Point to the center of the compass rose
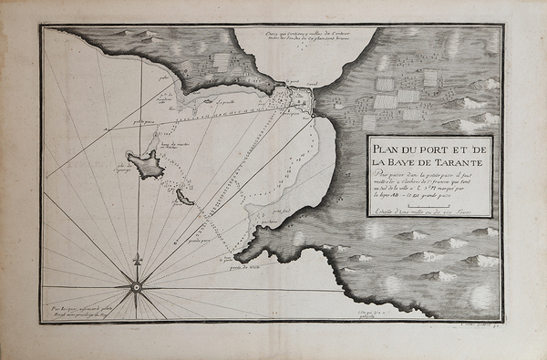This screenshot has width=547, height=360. click(137, 286)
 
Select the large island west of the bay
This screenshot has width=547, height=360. click(146, 164)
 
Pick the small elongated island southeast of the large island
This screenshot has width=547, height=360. click(184, 196)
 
